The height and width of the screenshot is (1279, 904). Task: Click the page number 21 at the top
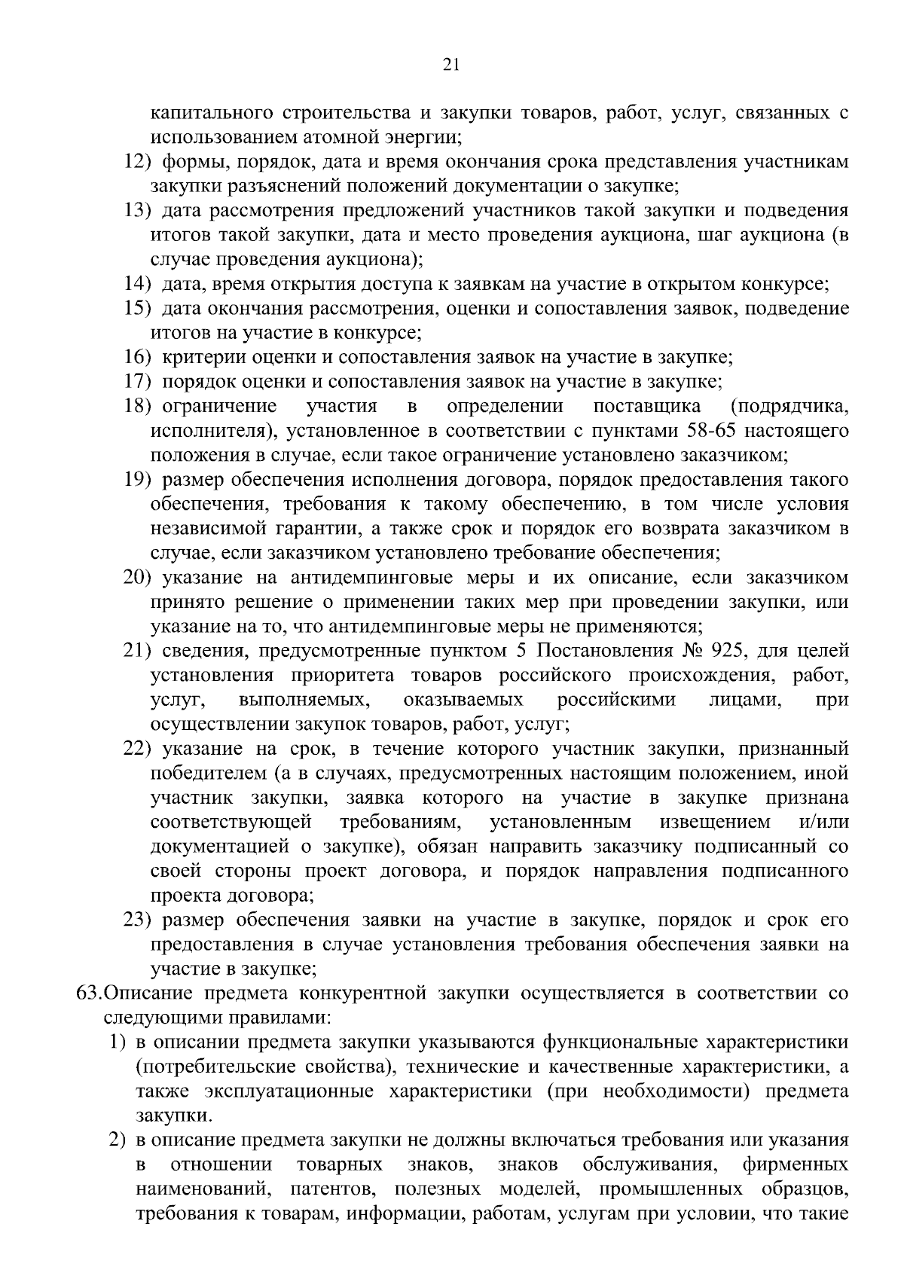click(x=451, y=65)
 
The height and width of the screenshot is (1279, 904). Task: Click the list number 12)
click(x=138, y=162)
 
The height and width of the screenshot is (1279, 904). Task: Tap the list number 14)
click(x=138, y=284)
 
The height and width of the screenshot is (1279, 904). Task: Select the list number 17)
click(x=138, y=382)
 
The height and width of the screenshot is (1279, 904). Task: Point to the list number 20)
click(x=138, y=578)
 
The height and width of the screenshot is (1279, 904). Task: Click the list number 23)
click(x=138, y=920)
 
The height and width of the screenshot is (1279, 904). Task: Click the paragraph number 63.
click(x=89, y=994)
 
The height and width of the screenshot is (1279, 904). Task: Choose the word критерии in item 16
click(x=199, y=357)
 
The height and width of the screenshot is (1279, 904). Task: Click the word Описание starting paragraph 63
click(x=142, y=994)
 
